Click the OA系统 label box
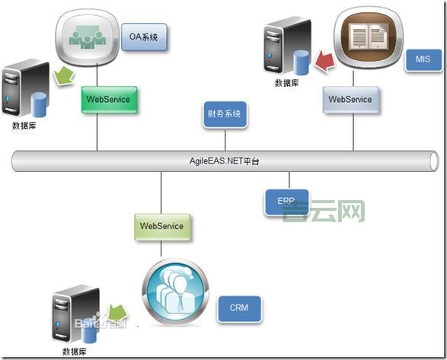(144, 37)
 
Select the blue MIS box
(423, 58)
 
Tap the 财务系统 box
(225, 116)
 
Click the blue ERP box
(286, 201)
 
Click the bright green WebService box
(107, 99)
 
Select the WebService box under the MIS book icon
(350, 99)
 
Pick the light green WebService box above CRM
(161, 227)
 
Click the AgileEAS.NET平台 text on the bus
(225, 161)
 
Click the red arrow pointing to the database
(326, 59)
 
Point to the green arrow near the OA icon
(65, 75)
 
